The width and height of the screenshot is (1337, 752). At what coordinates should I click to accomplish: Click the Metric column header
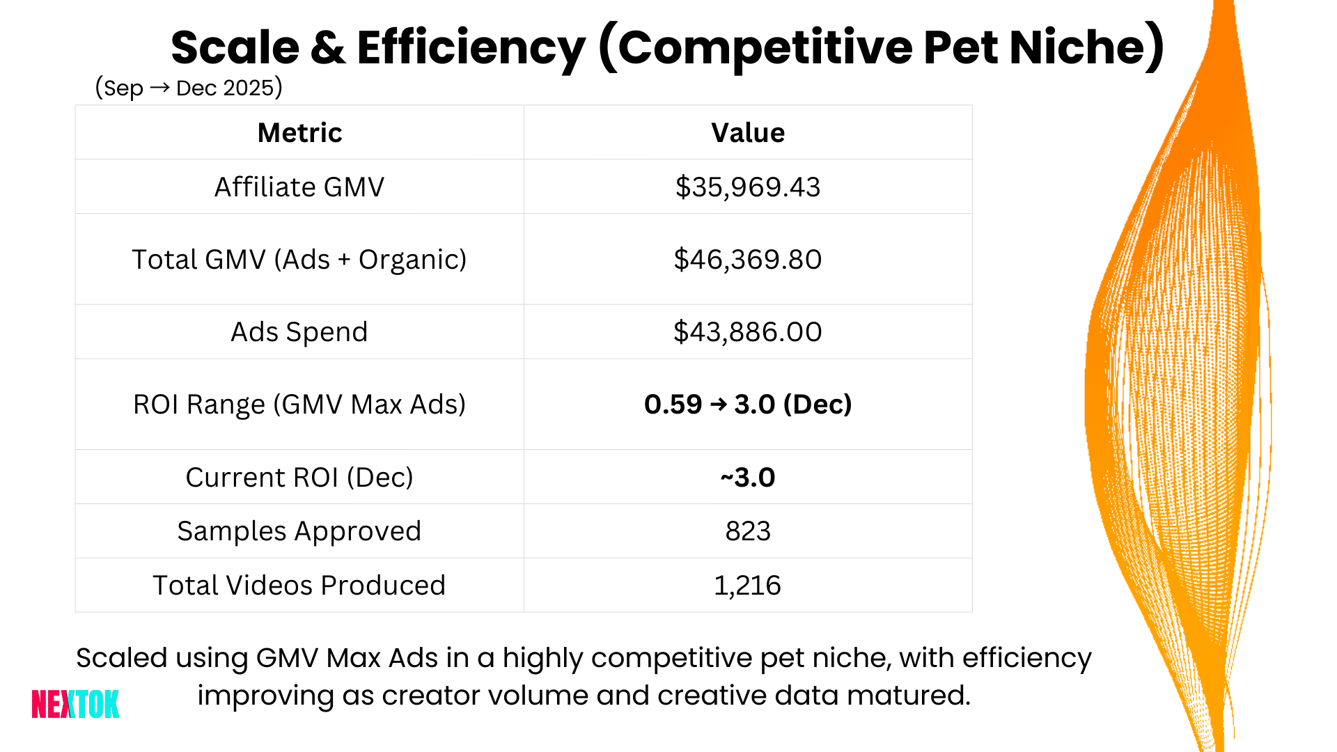pyautogui.click(x=299, y=132)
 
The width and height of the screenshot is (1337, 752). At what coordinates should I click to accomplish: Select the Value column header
pyautogui.click(x=748, y=132)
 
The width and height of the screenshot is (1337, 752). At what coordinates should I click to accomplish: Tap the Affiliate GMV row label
pyautogui.click(x=299, y=187)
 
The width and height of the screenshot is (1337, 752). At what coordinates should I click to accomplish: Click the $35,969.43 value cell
pyautogui.click(x=748, y=187)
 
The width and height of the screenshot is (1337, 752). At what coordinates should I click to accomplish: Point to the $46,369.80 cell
pyautogui.click(x=748, y=259)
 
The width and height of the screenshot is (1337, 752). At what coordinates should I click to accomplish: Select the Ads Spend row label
pyautogui.click(x=299, y=331)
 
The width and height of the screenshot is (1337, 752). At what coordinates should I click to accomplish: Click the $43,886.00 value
pyautogui.click(x=748, y=331)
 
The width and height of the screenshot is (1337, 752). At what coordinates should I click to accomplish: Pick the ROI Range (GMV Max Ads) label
pyautogui.click(x=299, y=404)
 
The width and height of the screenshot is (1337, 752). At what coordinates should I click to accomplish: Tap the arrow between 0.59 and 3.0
pyautogui.click(x=719, y=405)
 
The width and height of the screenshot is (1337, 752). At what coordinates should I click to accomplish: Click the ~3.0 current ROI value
pyautogui.click(x=748, y=477)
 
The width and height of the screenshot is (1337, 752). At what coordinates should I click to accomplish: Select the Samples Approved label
pyautogui.click(x=299, y=531)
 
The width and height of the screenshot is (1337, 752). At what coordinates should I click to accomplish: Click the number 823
pyautogui.click(x=748, y=531)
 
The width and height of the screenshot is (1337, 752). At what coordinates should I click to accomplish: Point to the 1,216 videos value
pyautogui.click(x=748, y=585)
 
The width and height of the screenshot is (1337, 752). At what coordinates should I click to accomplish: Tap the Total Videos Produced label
pyautogui.click(x=299, y=585)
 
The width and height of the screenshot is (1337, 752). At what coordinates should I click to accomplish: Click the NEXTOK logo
pyautogui.click(x=75, y=704)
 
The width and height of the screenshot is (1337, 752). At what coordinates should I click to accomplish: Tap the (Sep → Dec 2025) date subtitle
pyautogui.click(x=188, y=88)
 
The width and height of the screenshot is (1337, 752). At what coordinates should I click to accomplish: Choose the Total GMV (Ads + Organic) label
pyautogui.click(x=299, y=259)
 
